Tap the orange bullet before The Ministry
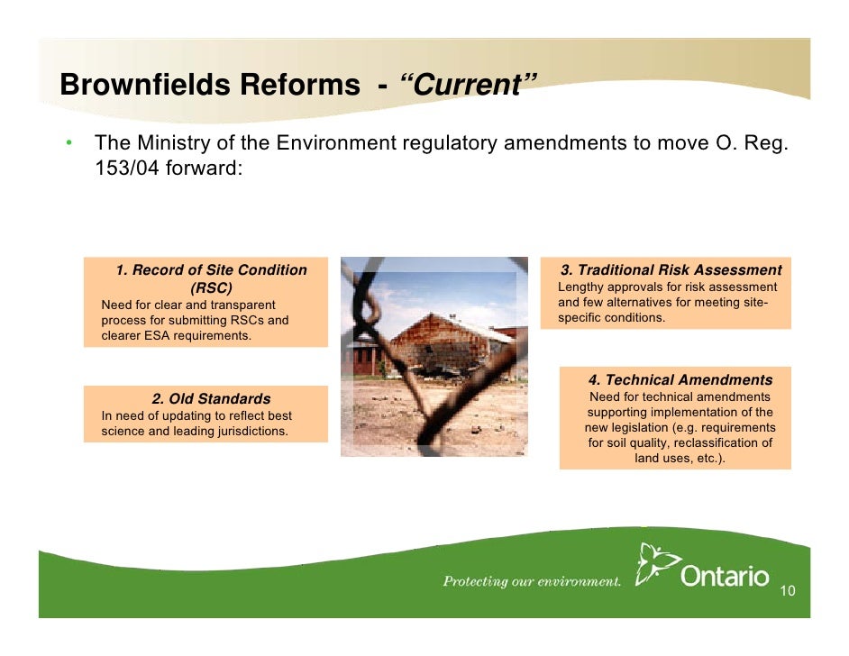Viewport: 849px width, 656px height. pyautogui.click(x=68, y=144)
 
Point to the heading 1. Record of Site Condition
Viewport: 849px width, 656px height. pyautogui.click(x=211, y=270)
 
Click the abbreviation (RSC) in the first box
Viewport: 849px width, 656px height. pyautogui.click(x=211, y=288)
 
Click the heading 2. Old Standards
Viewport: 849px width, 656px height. pyautogui.click(x=211, y=398)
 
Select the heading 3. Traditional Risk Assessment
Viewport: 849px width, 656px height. pyautogui.click(x=671, y=270)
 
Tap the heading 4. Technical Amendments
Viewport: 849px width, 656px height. pyautogui.click(x=680, y=380)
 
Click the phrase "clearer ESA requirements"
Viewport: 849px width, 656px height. pyautogui.click(x=176, y=336)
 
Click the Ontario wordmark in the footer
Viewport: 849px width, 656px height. pyautogui.click(x=725, y=576)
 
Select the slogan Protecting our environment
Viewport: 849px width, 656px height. pyautogui.click(x=532, y=581)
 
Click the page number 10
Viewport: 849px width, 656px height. pyautogui.click(x=787, y=591)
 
